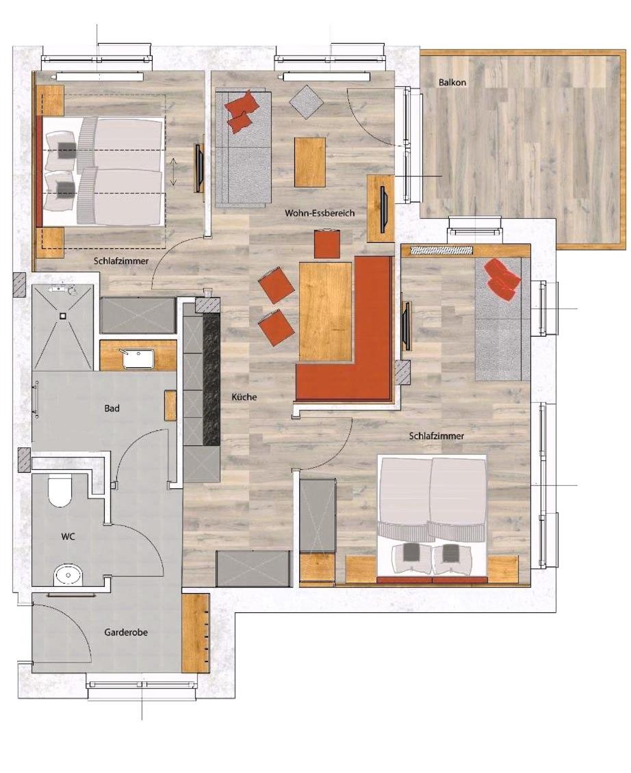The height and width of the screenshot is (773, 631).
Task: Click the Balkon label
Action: coord(452,82)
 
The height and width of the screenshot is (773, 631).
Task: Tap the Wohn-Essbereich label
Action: coord(319,213)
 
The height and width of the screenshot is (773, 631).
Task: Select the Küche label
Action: coord(244,396)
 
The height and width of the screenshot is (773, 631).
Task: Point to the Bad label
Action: coord(112,408)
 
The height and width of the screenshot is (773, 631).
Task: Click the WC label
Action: coord(68,536)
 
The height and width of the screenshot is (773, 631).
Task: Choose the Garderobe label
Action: coord(126,632)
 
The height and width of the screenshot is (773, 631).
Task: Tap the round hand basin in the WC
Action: coord(68,575)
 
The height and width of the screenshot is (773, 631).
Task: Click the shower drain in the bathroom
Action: coord(63,315)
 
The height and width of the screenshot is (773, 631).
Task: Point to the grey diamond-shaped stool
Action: coord(306,101)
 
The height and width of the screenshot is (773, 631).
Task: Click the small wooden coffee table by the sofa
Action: coord(310,161)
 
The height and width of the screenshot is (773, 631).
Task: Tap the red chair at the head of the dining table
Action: coord(327,244)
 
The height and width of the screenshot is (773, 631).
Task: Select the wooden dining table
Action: coord(325,311)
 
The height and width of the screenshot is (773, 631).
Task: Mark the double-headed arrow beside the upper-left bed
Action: coord(173,172)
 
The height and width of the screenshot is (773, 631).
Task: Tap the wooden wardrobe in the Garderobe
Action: coord(196,633)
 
